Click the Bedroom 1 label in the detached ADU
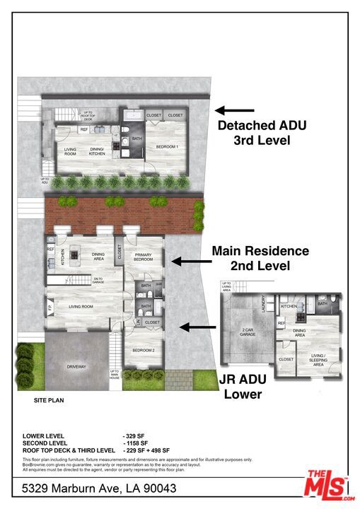[167, 146]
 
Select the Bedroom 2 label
[143, 350]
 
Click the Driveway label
[77, 366]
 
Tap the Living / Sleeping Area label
[319, 361]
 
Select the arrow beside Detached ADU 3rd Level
[235, 110]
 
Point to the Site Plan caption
[50, 400]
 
